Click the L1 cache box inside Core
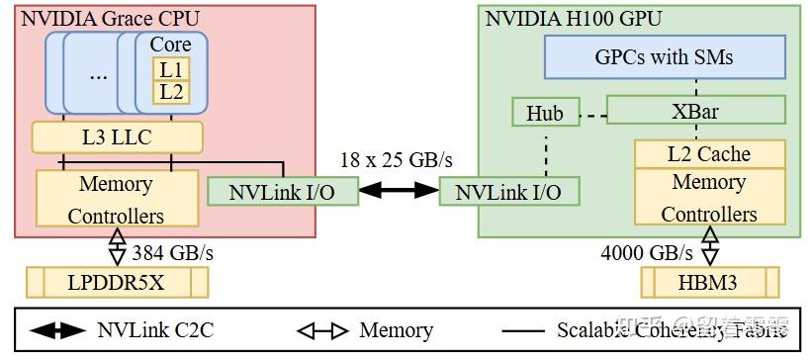[x=171, y=69]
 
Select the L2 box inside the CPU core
[x=171, y=92]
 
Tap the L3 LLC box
[x=118, y=137]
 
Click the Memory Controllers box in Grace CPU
[x=116, y=199]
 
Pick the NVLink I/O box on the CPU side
[x=283, y=191]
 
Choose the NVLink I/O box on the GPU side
[x=508, y=191]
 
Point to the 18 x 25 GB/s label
[x=397, y=158]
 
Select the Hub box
[x=544, y=113]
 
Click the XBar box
[x=695, y=110]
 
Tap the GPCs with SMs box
[x=665, y=57]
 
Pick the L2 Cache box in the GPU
[x=709, y=154]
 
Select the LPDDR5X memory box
[x=117, y=283]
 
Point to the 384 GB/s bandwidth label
[x=173, y=252]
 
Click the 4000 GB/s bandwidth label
[x=647, y=252]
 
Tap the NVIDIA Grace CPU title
[x=99, y=17]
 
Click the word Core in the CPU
[x=170, y=45]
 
